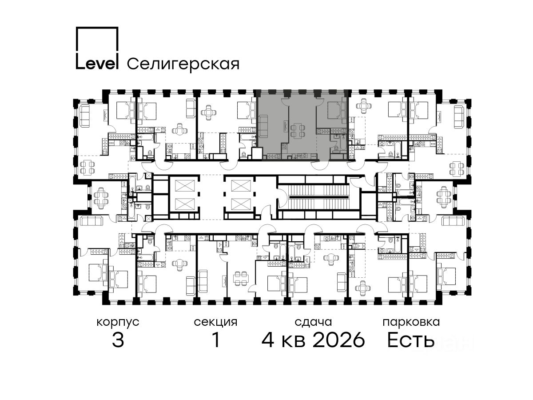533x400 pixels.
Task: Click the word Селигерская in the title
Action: pyautogui.click(x=183, y=64)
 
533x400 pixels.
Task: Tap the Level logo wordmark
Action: pyautogui.click(x=97, y=64)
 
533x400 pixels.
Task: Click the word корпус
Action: pyautogui.click(x=118, y=323)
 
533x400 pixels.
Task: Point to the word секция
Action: pyautogui.click(x=215, y=323)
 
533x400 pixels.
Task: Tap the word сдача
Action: pyautogui.click(x=313, y=322)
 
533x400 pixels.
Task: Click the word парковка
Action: pyautogui.click(x=411, y=322)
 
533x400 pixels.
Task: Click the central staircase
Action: pyautogui.click(x=318, y=197)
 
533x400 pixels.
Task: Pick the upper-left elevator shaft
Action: pyautogui.click(x=185, y=186)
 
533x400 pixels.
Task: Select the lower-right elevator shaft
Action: pyautogui.click(x=241, y=204)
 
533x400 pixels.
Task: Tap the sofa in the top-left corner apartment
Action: pyautogui.click(x=85, y=116)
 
